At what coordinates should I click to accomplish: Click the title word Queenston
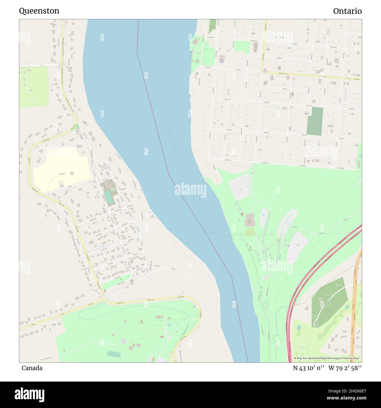39,11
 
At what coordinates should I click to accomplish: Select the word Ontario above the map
347,11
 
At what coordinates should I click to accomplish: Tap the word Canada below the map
32,368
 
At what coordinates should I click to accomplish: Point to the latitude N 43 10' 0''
309,368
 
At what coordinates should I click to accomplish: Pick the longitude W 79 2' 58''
345,368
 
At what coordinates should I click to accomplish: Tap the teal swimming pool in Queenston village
109,197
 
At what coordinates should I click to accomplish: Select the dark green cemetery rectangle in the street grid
314,121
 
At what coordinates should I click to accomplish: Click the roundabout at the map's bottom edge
173,359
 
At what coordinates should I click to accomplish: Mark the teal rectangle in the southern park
113,354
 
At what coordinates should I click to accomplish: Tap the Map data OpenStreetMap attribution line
327,358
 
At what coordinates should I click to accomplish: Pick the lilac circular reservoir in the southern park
124,341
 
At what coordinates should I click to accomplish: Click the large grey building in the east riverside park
250,220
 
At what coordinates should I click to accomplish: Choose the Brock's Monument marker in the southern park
142,321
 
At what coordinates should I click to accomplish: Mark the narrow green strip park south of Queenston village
116,281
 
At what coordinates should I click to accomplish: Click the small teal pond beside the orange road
347,307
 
